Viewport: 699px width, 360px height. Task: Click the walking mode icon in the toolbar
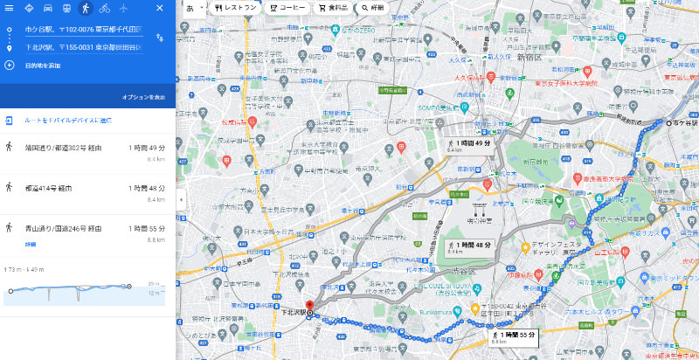pyautogui.click(x=86, y=8)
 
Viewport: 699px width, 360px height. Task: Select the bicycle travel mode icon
pyautogui.click(x=105, y=8)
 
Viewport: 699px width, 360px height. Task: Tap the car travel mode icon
pyautogui.click(x=47, y=8)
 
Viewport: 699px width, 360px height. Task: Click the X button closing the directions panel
pyautogui.click(x=159, y=8)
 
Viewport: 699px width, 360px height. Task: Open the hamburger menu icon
pyautogui.click(x=10, y=8)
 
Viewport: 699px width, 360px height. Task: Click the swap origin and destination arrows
pyautogui.click(x=159, y=38)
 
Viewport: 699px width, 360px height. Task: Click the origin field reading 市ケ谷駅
pyautogui.click(x=83, y=31)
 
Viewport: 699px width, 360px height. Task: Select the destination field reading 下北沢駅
pyautogui.click(x=83, y=47)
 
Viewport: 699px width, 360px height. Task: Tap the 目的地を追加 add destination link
pyautogui.click(x=44, y=65)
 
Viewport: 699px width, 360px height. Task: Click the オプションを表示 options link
pyautogui.click(x=143, y=96)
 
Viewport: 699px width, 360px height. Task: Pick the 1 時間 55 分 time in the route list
pyautogui.click(x=146, y=227)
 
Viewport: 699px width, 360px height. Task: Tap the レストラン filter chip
pyautogui.click(x=235, y=7)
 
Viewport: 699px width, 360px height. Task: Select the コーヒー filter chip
pyautogui.click(x=286, y=7)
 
